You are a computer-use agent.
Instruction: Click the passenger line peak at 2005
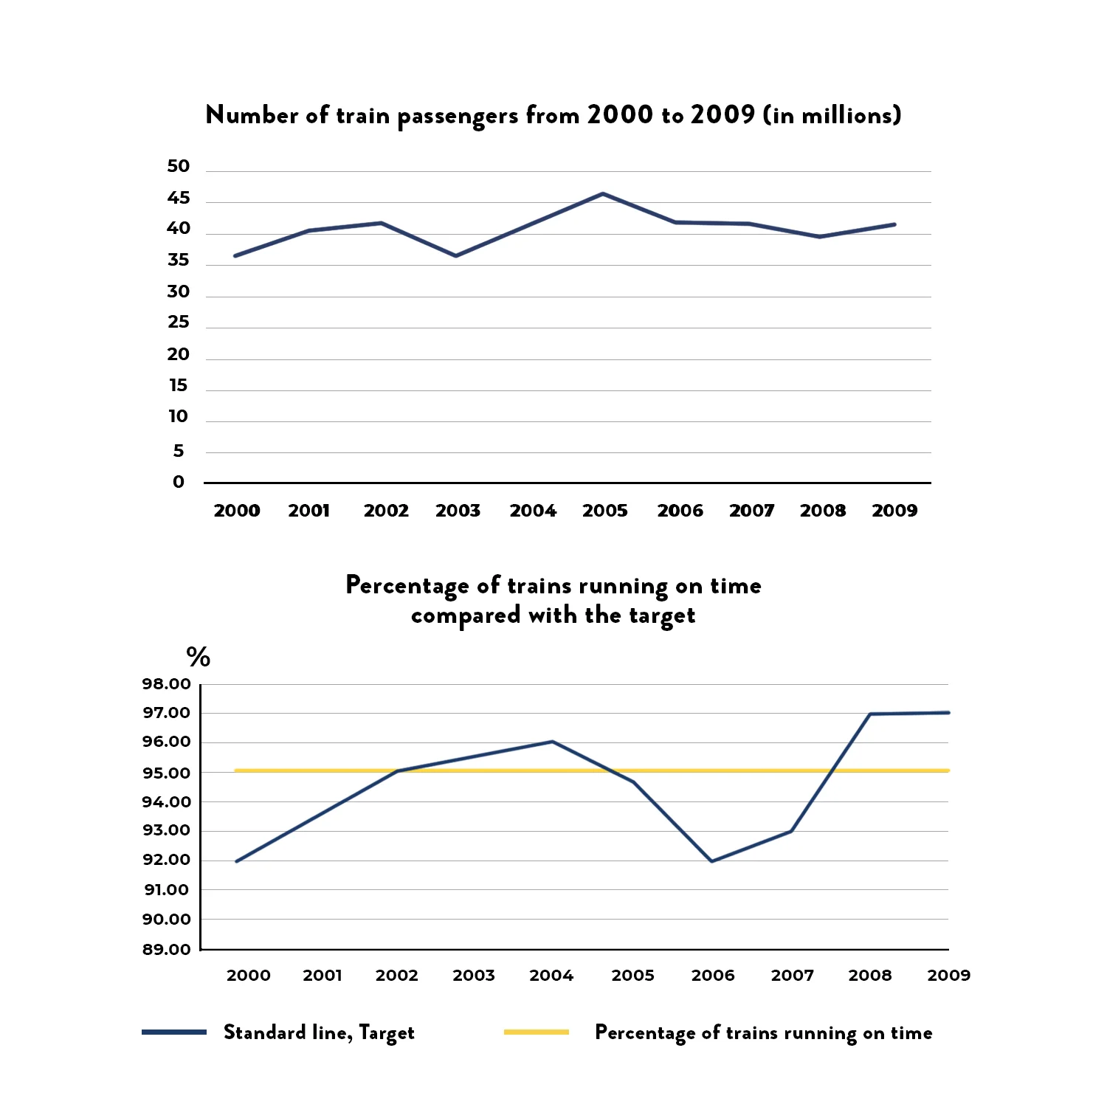coord(603,194)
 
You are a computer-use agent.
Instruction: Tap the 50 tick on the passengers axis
coord(179,167)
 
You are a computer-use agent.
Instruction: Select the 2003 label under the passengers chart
coord(458,511)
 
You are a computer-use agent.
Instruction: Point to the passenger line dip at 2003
coord(456,255)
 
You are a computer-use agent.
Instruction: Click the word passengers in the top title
coord(458,116)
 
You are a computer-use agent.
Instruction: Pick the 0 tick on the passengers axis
coord(179,482)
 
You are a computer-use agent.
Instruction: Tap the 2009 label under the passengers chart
coord(894,511)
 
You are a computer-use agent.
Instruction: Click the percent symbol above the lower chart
coord(198,656)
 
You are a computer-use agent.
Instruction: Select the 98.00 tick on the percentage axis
coord(167,684)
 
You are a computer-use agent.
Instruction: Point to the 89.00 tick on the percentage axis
coord(167,949)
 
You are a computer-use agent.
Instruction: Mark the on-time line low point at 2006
coord(712,861)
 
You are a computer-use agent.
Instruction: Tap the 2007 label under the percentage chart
coord(792,976)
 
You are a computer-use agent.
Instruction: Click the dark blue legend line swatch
coord(174,1032)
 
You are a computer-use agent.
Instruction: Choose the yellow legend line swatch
coord(537,1032)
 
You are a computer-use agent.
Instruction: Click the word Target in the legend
coord(387,1032)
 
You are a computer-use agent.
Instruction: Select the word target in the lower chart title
coord(662,615)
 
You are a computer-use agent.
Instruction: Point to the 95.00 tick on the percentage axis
coord(167,773)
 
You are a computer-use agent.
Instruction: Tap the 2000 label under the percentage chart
coord(248,976)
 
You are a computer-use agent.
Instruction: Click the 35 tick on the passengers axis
coord(179,261)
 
